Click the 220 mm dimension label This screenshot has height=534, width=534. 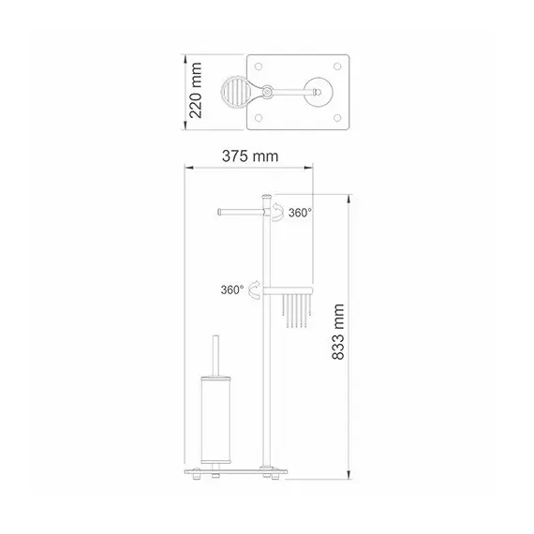(196, 90)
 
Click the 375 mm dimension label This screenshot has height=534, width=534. (250, 156)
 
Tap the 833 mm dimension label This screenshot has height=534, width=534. (338, 332)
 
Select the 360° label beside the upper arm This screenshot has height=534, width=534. (300, 213)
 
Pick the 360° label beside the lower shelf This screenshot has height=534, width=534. (232, 289)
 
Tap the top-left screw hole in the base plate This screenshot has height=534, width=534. (259, 67)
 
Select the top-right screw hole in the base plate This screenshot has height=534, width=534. (337, 67)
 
